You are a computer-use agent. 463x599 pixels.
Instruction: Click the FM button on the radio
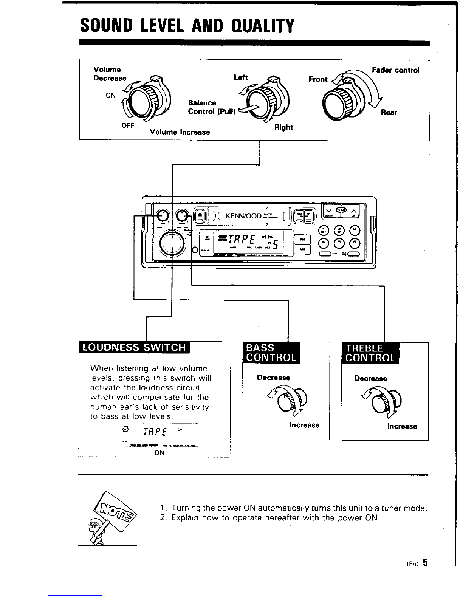[302, 239]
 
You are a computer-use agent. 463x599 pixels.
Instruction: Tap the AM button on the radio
[302, 249]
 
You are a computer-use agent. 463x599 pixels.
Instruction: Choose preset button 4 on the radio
[324, 242]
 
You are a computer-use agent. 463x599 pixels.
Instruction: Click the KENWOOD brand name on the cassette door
[243, 216]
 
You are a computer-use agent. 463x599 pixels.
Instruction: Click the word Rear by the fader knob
[389, 113]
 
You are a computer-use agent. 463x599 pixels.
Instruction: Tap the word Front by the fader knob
[317, 79]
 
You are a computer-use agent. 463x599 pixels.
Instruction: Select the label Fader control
[395, 70]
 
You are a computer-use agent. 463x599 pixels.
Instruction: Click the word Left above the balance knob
[240, 77]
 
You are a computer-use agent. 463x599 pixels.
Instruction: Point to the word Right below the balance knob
[284, 127]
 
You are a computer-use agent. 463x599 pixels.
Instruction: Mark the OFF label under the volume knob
[128, 125]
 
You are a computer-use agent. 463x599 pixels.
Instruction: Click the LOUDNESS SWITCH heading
[134, 347]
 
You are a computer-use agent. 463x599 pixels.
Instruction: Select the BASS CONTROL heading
[271, 353]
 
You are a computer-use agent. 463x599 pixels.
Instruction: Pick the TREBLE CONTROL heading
[370, 353]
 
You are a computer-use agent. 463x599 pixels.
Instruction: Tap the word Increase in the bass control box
[304, 425]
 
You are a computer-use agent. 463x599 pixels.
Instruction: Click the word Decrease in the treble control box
[370, 379]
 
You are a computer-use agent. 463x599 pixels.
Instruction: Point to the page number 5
[425, 563]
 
